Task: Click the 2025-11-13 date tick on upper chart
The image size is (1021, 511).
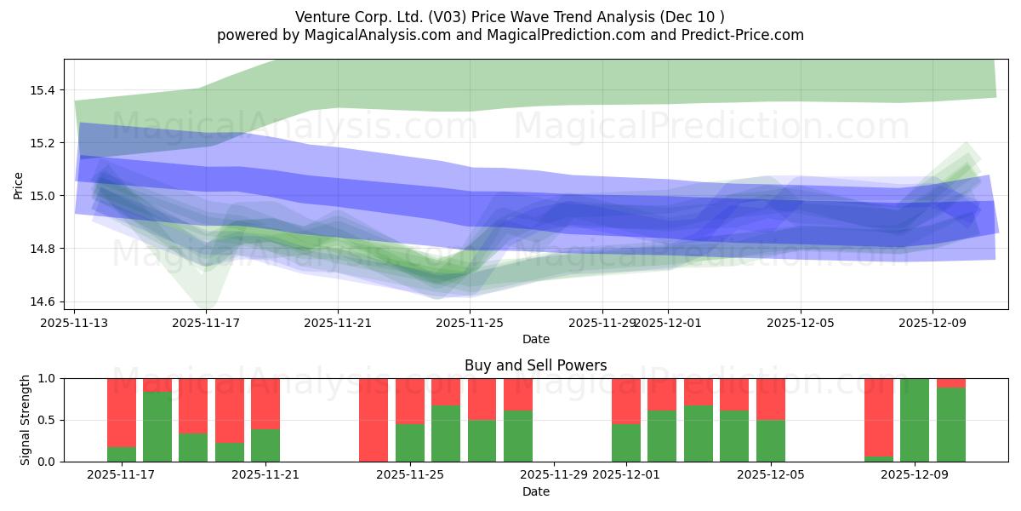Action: pos(75,323)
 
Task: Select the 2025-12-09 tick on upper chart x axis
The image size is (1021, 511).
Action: pos(932,323)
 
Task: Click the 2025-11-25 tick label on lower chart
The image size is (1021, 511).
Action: pos(410,475)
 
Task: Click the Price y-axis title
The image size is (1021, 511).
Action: pos(19,185)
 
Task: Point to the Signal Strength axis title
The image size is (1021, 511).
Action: pos(26,420)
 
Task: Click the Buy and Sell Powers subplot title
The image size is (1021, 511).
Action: pos(535,365)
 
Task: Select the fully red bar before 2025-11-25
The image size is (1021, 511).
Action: pos(374,420)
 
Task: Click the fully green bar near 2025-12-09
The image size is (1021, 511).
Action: pos(915,420)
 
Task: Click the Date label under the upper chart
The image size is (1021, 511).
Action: pos(535,339)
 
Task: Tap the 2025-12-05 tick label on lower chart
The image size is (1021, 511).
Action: pos(771,475)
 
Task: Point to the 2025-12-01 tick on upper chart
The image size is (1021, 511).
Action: pos(666,323)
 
